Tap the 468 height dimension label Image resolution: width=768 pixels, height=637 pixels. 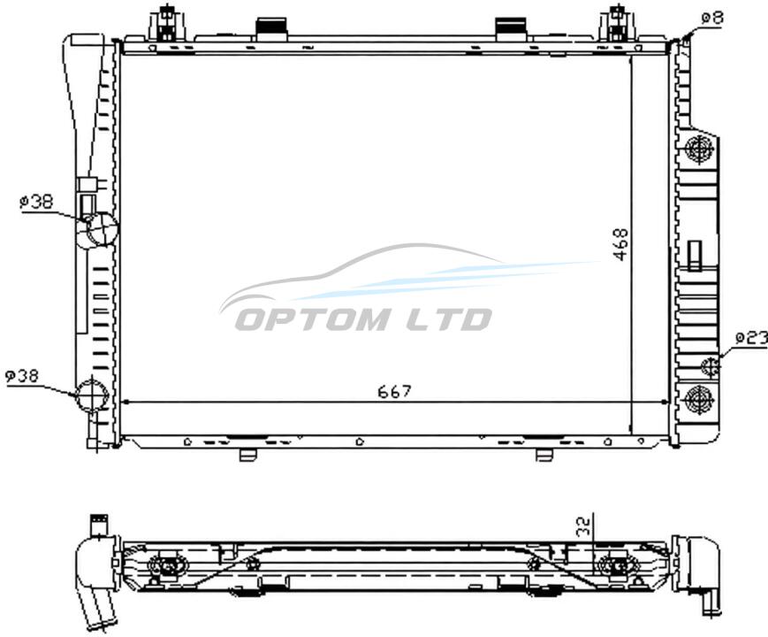(620, 244)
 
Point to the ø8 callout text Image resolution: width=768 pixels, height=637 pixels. (712, 19)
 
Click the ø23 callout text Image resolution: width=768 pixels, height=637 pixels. (752, 338)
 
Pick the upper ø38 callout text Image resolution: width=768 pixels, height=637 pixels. (36, 202)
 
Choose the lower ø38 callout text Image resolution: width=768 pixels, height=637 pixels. (21, 376)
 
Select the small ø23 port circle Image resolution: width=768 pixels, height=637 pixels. (710, 366)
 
